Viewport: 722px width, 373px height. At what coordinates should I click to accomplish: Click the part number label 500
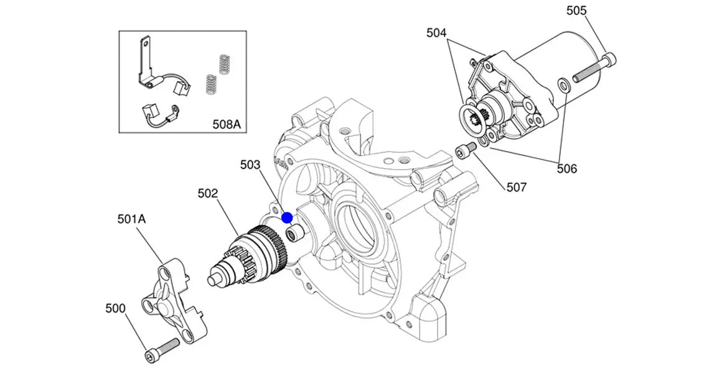[116, 308]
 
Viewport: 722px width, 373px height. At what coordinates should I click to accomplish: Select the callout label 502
[208, 193]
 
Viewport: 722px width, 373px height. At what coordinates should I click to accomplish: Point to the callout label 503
[250, 165]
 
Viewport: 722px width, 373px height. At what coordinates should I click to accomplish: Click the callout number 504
[436, 33]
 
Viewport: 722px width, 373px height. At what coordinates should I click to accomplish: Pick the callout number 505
[576, 11]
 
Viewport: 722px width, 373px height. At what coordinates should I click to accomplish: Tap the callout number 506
[566, 168]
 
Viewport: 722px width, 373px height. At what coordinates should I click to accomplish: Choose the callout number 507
[517, 186]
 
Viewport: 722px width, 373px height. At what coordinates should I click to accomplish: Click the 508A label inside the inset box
[226, 124]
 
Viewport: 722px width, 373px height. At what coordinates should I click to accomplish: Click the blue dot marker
[287, 218]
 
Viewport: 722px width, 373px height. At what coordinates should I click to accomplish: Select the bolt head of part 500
[151, 355]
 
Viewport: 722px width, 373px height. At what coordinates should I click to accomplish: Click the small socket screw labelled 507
[466, 150]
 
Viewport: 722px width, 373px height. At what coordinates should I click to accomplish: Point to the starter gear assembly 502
[255, 255]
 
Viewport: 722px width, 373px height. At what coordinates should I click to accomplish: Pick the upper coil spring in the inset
[224, 63]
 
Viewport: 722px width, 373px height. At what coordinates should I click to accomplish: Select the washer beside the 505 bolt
[562, 85]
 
